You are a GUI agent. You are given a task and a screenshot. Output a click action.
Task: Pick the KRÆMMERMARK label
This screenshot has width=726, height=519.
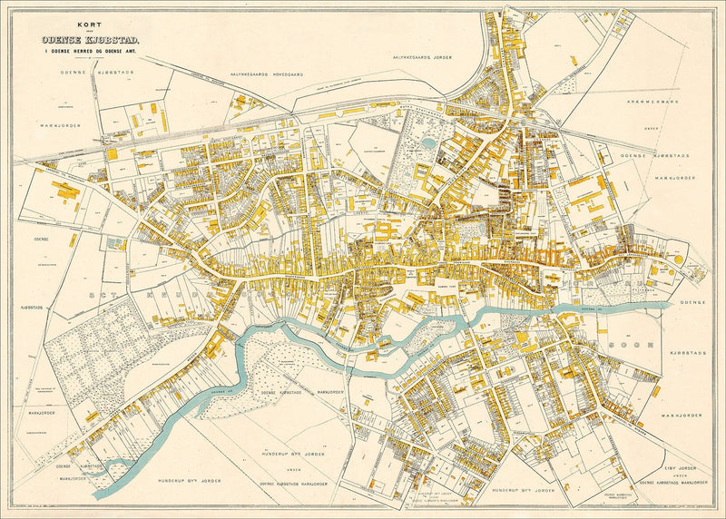click(x=651, y=103)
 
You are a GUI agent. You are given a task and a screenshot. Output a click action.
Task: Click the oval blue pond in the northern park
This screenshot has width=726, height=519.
click(x=428, y=142)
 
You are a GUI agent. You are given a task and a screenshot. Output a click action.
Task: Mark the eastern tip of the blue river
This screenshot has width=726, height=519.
click(x=671, y=305)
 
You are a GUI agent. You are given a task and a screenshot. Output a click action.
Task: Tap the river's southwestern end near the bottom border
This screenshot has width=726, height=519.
click(x=98, y=493)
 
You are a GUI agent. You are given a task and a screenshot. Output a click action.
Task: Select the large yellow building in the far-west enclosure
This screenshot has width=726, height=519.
click(x=66, y=191)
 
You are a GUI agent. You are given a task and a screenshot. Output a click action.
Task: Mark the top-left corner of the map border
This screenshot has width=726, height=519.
click(x=11, y=11)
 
